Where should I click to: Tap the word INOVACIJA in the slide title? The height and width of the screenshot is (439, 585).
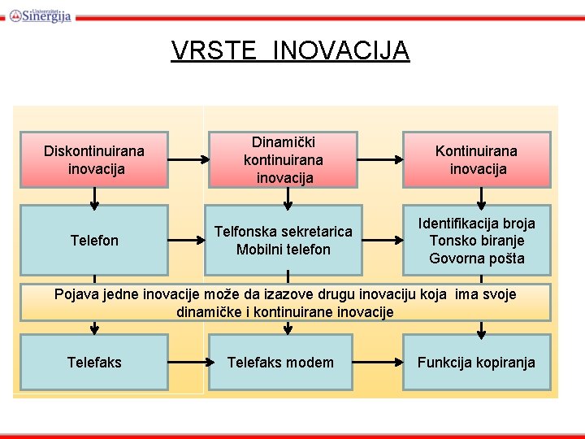click(341, 50)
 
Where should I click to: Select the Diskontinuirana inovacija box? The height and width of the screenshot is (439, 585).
click(94, 159)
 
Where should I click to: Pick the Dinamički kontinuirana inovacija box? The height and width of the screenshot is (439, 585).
click(284, 159)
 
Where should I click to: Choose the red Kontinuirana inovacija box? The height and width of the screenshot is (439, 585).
click(476, 159)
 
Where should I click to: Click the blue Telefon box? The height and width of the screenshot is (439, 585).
click(94, 240)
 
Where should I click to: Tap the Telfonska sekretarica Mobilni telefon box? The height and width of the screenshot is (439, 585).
click(284, 240)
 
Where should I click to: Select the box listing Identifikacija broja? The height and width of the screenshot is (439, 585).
click(476, 240)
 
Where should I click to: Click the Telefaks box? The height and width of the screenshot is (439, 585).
click(94, 362)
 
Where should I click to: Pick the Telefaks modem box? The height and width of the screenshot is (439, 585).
click(280, 362)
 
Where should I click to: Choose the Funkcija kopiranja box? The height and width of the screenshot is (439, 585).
click(476, 362)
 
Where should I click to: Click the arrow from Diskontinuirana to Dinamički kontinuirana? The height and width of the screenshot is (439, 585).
click(187, 160)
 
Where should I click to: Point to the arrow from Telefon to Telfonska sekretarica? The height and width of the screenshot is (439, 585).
click(187, 241)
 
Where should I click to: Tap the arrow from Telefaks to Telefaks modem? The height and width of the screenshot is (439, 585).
click(187, 362)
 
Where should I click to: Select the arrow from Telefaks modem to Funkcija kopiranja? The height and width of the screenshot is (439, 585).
click(379, 362)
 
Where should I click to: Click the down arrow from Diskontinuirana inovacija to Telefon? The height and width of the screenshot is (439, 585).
click(95, 196)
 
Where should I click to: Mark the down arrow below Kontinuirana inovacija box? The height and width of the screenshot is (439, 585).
click(482, 196)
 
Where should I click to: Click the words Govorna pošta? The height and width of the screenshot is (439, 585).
click(476, 259)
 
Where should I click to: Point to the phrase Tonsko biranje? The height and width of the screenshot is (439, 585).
click(476, 241)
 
